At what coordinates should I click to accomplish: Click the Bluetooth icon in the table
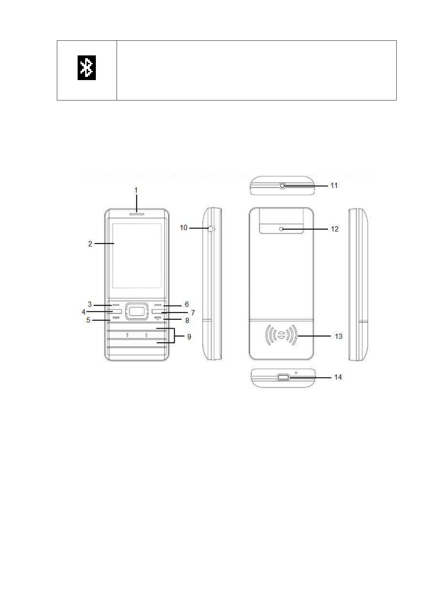pyautogui.click(x=87, y=68)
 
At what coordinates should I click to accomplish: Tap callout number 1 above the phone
pyautogui.click(x=136, y=190)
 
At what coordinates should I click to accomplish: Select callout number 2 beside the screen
pyautogui.click(x=90, y=244)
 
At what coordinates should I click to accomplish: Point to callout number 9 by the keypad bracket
pyautogui.click(x=189, y=337)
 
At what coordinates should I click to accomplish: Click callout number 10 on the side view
pyautogui.click(x=184, y=228)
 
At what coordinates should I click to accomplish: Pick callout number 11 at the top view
pyautogui.click(x=334, y=186)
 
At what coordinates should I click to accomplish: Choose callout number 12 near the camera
pyautogui.click(x=334, y=229)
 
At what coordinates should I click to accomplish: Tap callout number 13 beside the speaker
pyautogui.click(x=339, y=336)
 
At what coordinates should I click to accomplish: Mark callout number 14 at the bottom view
pyautogui.click(x=338, y=378)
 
